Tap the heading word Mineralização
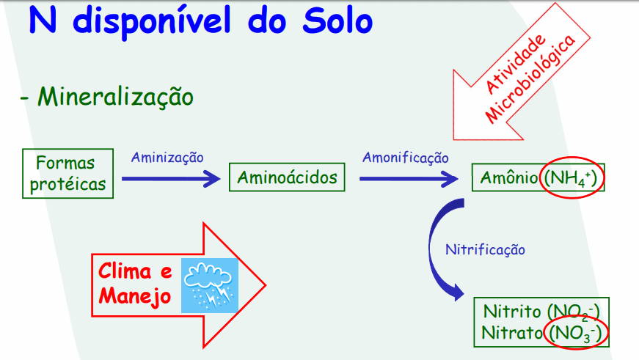(115, 96)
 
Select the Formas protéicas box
(65, 173)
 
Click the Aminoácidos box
(287, 177)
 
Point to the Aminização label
(167, 157)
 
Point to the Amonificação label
(405, 157)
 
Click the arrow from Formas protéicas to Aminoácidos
(170, 178)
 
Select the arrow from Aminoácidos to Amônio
(408, 178)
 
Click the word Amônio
(508, 178)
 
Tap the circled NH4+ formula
(572, 178)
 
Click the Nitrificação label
(485, 249)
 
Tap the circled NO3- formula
(576, 333)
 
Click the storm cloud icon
(210, 285)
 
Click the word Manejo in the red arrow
(136, 297)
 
